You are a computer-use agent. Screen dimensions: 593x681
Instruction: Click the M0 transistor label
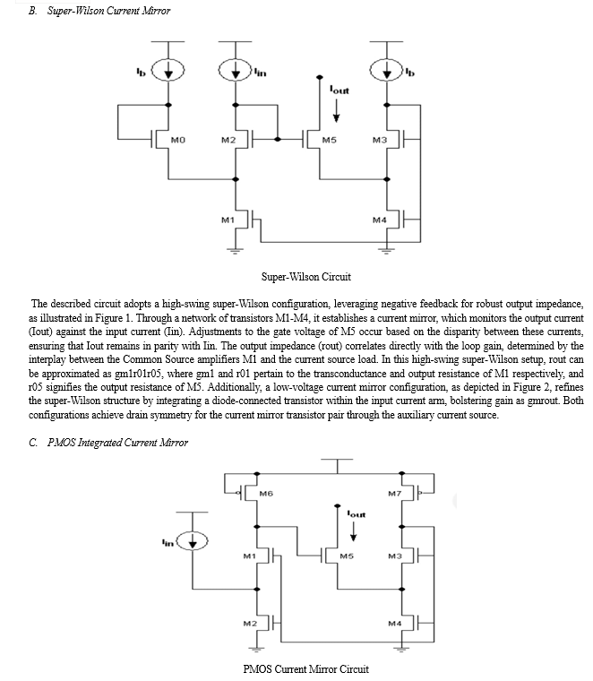pos(178,140)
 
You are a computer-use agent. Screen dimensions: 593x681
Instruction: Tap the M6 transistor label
pos(266,494)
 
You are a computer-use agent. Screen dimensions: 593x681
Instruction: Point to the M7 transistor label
pos(395,494)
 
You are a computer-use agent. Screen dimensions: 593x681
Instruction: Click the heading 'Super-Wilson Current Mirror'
pos(108,11)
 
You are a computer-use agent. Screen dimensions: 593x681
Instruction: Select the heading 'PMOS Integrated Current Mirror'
pos(117,443)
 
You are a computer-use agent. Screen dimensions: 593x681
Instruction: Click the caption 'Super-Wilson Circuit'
pos(306,277)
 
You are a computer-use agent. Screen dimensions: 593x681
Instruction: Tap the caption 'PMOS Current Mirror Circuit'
pos(306,668)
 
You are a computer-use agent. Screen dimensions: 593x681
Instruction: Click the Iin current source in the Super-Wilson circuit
pos(236,70)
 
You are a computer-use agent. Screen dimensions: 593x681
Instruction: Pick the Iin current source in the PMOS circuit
pos(192,541)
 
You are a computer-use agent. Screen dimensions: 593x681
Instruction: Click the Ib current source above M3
pos(387,70)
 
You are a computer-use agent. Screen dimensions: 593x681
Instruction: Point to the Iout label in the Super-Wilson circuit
pos(339,90)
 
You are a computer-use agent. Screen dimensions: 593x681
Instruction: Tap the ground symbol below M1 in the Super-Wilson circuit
pos(236,250)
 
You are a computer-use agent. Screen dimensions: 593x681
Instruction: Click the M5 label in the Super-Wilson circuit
pos(329,140)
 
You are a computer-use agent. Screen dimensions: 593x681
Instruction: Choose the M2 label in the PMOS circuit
pos(250,624)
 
